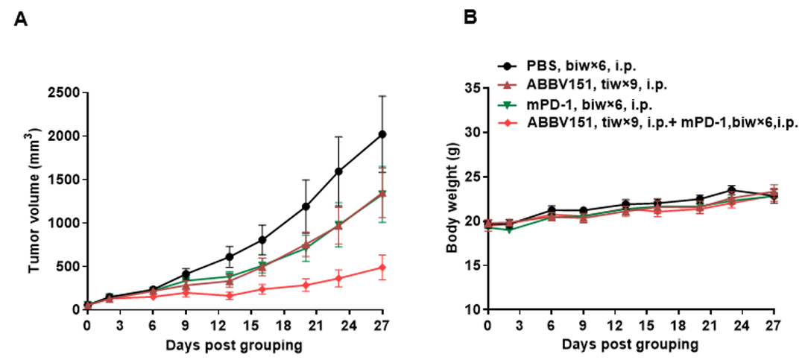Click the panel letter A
[x=21, y=20]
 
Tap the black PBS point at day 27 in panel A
[x=383, y=134]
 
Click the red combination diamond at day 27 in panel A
[x=383, y=267]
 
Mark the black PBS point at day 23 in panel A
[x=339, y=171]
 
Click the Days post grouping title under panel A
[x=235, y=345]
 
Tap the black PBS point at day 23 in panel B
[x=733, y=190]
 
